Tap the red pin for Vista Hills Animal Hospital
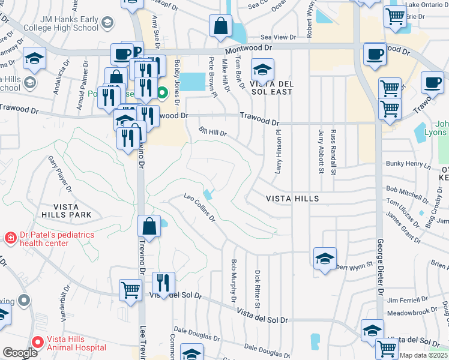38,343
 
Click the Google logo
20,353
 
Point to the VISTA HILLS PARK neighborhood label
66,214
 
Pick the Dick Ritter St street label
257,289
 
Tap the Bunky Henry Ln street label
409,164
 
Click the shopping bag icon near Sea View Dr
220,26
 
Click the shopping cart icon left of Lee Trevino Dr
130,290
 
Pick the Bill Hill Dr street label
213,133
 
